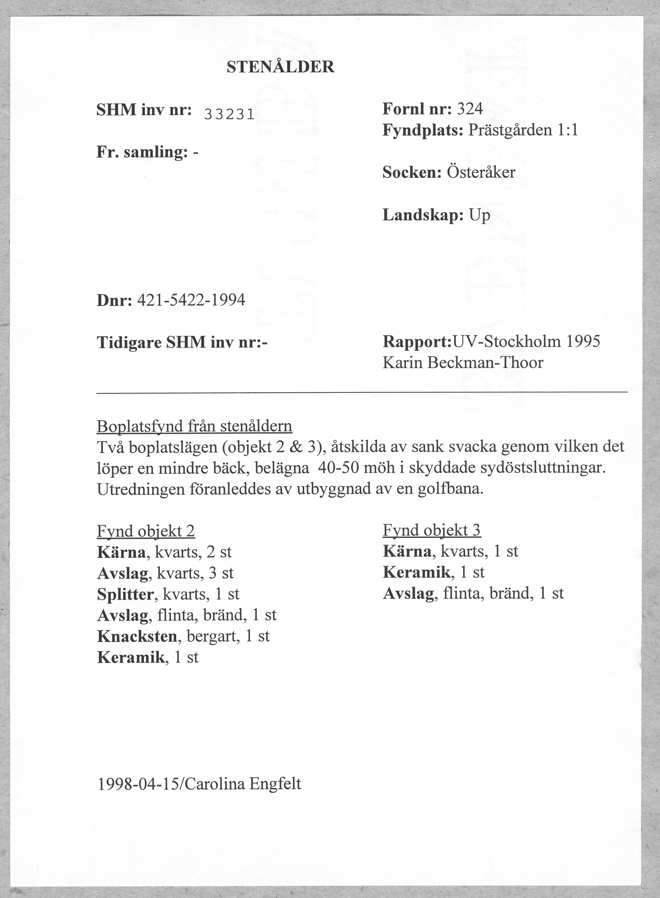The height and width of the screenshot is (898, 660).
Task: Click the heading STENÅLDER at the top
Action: point(281,67)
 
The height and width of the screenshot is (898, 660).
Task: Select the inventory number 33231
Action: point(229,115)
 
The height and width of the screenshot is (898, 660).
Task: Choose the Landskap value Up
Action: point(480,216)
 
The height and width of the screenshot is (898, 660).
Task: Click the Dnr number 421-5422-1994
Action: point(191,300)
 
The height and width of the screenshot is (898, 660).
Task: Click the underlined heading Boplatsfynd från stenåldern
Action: point(194,427)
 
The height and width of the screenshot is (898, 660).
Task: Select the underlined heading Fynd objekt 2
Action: point(146,531)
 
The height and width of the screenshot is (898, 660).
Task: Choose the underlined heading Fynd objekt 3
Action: point(432,530)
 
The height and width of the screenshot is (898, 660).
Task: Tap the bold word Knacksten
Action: point(137,636)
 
